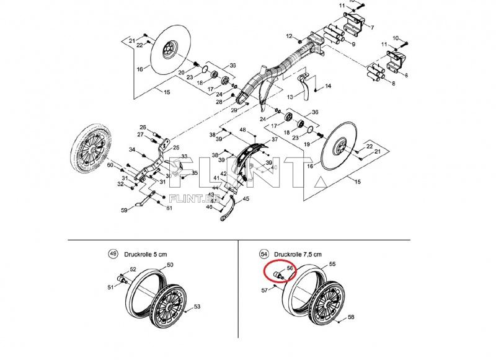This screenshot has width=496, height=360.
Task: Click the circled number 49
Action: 112,253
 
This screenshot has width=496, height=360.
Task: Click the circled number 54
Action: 264,254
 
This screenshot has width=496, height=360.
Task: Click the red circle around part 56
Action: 280,271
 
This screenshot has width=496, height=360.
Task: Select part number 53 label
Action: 197,307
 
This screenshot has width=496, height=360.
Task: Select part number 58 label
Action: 351,317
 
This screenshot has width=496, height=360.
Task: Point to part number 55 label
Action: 332,265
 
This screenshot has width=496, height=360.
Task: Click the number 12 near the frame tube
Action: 288,37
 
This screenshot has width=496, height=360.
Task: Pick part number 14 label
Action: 329,86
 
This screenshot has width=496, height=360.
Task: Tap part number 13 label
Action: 289,97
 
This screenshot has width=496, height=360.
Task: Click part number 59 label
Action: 124,211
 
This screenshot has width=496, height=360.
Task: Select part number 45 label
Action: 246,199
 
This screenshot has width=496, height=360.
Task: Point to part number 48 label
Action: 243,130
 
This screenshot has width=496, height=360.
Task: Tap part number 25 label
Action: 176,147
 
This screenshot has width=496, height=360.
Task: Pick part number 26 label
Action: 142,127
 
